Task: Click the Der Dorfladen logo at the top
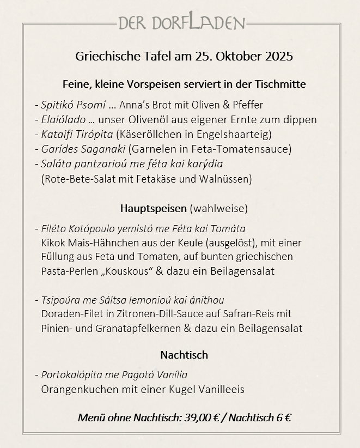click(181, 22)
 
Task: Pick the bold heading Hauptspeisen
click(153, 208)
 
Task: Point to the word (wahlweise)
click(218, 208)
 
